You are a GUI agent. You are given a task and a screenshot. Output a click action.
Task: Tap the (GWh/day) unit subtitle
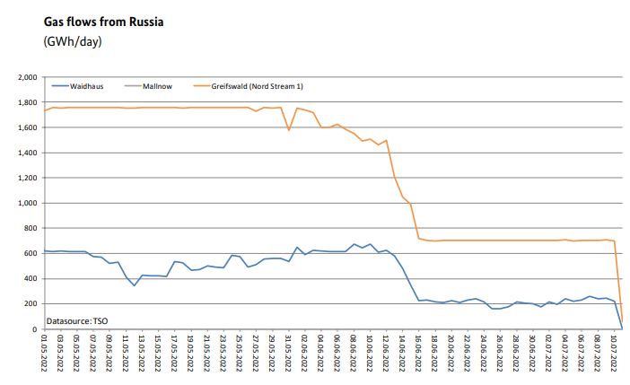(69, 42)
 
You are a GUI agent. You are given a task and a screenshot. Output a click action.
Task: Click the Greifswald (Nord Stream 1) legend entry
(244, 86)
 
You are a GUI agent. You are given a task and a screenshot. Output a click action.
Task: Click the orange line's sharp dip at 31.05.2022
(288, 130)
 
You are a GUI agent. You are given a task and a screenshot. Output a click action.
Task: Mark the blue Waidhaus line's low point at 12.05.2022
(134, 285)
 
